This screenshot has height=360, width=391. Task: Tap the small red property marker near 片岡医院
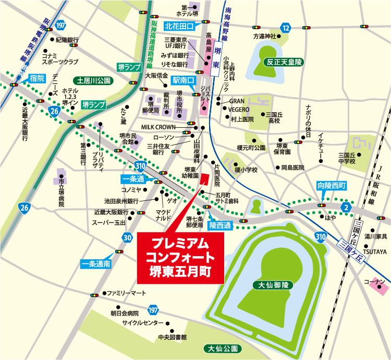(x=205, y=178)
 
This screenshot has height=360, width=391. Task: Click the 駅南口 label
(x=183, y=81)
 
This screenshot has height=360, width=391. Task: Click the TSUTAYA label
(x=375, y=252)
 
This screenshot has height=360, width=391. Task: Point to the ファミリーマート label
(x=127, y=293)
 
